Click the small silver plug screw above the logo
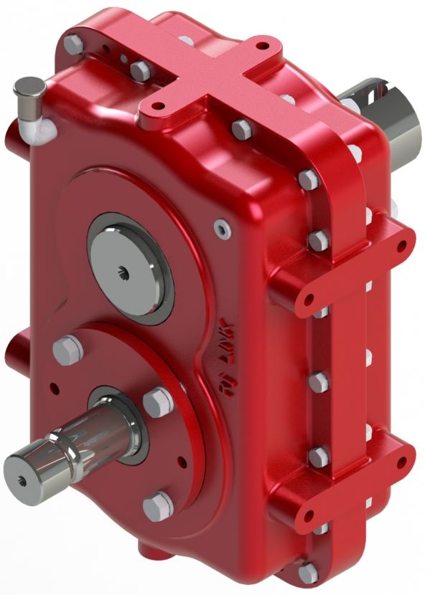click(x=222, y=229)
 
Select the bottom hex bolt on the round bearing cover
click(x=157, y=506)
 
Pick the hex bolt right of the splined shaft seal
click(x=157, y=401)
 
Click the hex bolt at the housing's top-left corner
click(x=74, y=44)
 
